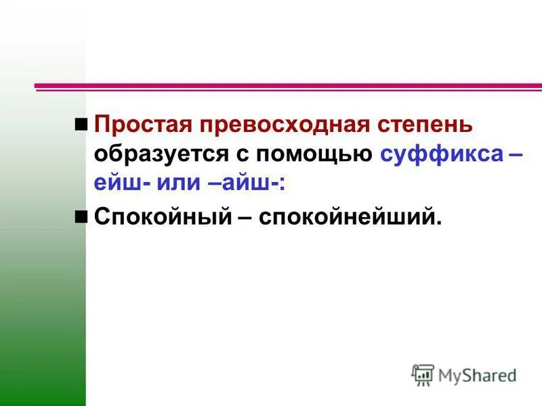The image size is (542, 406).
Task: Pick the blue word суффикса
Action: point(440,155)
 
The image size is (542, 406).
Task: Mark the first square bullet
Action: point(81,124)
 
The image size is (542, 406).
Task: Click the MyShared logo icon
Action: point(423,374)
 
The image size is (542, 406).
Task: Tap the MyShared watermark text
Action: point(477,375)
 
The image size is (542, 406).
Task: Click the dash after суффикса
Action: point(514,156)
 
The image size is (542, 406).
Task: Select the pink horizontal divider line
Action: point(288,87)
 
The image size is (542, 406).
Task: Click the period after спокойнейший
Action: point(438,224)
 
